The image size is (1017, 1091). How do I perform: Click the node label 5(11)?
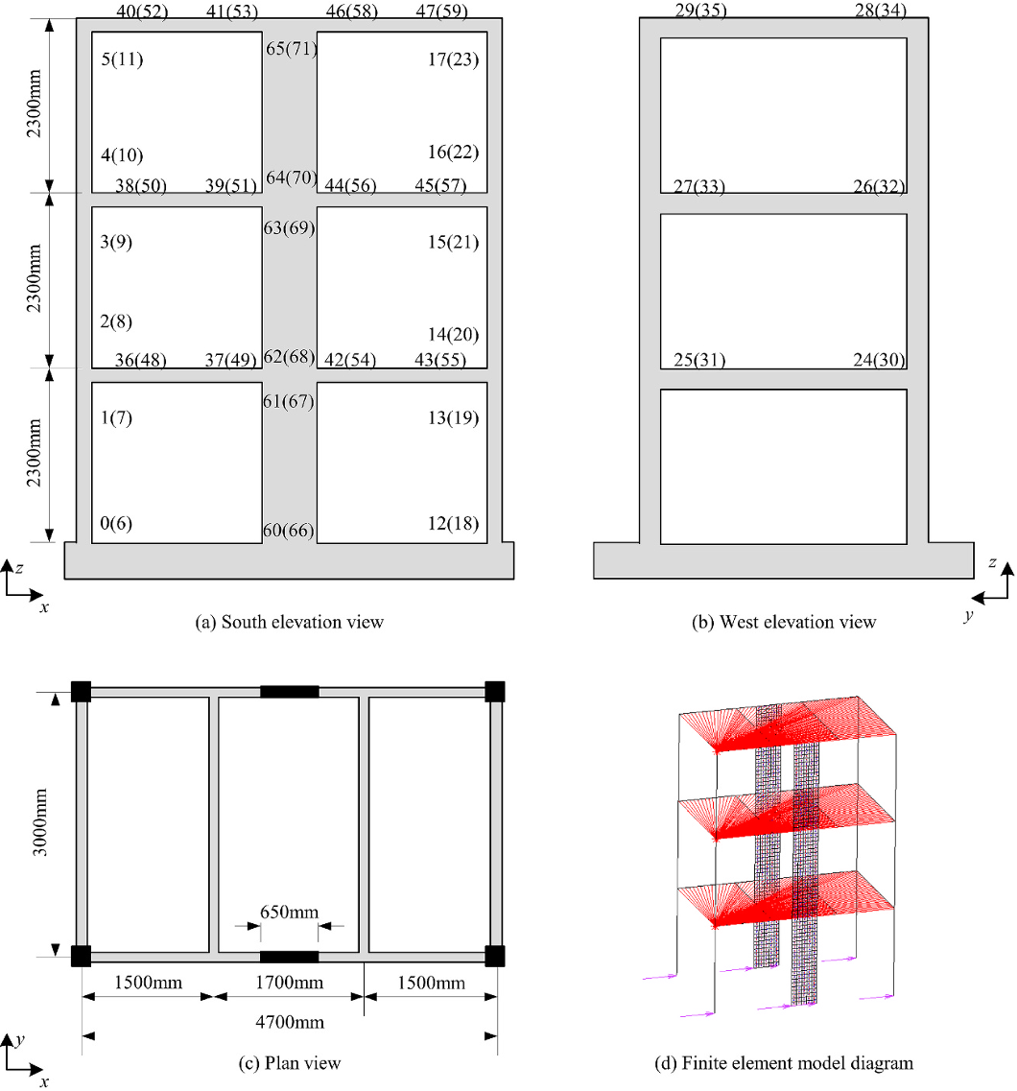click(122, 59)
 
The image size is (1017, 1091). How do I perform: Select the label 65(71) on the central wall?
click(292, 49)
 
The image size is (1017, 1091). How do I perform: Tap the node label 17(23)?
click(453, 59)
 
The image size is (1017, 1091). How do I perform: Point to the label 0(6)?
click(115, 523)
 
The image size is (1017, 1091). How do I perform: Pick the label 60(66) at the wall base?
click(289, 531)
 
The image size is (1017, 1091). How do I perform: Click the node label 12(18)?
click(453, 523)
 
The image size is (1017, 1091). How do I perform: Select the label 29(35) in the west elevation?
click(700, 11)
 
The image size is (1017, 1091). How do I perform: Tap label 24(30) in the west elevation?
click(879, 360)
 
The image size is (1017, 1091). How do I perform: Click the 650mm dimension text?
click(289, 912)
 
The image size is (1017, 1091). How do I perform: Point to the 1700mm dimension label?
click(289, 983)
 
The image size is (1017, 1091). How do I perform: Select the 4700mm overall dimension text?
click(290, 1022)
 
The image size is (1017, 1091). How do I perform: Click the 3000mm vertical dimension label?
click(39, 822)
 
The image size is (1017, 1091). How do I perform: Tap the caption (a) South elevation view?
click(290, 622)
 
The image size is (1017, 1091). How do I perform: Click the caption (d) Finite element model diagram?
click(784, 1063)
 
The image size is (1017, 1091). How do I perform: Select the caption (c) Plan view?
click(290, 1063)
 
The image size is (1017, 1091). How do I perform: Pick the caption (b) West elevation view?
click(784, 622)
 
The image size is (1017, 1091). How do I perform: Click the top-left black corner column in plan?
click(81, 692)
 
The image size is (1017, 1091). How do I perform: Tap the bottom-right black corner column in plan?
click(494, 956)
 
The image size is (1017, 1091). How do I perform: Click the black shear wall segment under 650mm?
click(290, 956)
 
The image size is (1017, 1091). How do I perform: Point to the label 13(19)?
click(453, 417)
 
